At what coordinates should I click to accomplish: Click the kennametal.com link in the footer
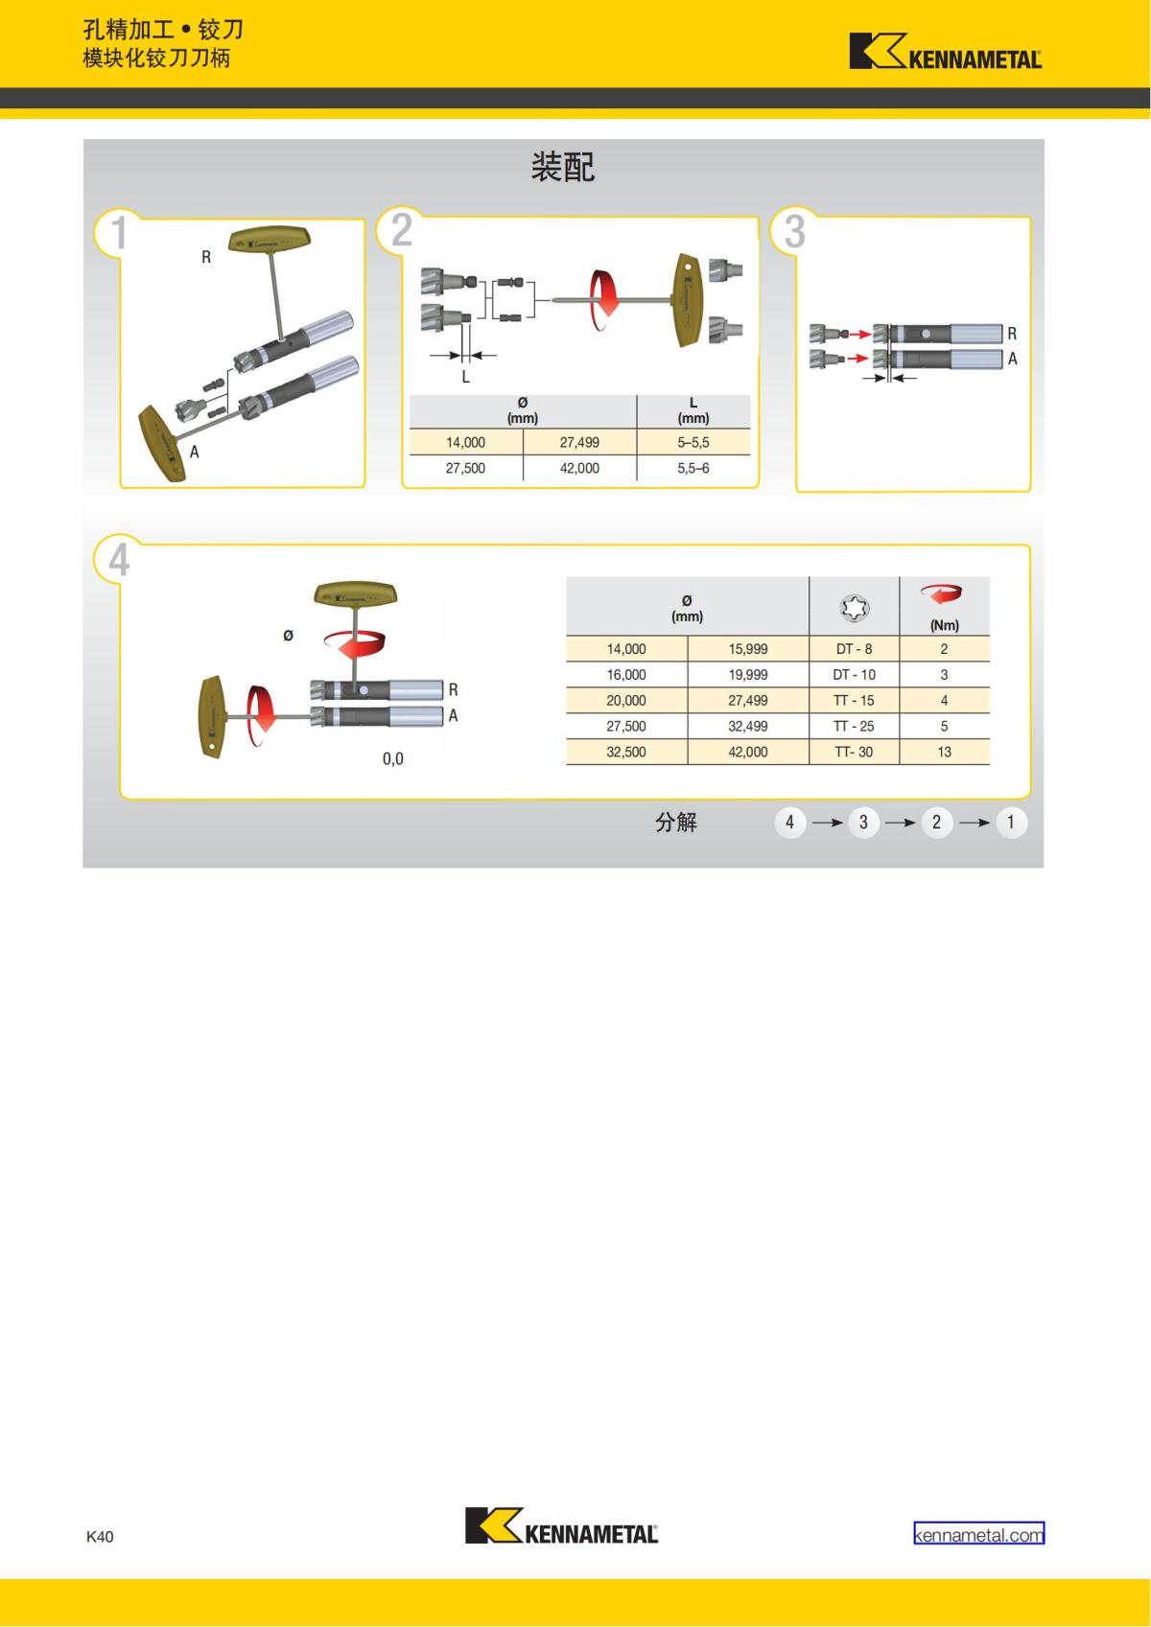(x=978, y=1535)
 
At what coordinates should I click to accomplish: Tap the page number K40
(x=100, y=1536)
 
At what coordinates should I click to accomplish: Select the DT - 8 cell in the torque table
(x=854, y=649)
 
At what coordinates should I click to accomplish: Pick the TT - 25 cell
(x=854, y=726)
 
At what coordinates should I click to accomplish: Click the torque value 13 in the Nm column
(x=944, y=752)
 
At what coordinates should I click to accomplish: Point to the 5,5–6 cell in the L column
(x=693, y=469)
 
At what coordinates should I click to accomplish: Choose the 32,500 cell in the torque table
(x=626, y=752)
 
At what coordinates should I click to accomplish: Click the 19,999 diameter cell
(x=748, y=675)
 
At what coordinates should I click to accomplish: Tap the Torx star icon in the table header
(x=855, y=607)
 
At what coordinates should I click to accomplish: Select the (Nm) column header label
(x=944, y=625)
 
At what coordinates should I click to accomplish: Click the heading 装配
(x=563, y=167)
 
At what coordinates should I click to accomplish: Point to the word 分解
(x=676, y=823)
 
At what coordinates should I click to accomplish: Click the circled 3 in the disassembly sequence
(x=863, y=823)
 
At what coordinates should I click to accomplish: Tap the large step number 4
(x=119, y=560)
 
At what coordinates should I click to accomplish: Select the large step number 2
(x=402, y=230)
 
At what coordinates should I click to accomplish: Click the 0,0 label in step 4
(x=392, y=759)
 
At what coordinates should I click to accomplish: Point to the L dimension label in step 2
(x=466, y=376)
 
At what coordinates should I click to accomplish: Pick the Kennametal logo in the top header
(x=945, y=51)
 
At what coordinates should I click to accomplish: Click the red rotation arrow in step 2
(x=604, y=300)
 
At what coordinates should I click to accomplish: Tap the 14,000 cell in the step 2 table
(x=465, y=442)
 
